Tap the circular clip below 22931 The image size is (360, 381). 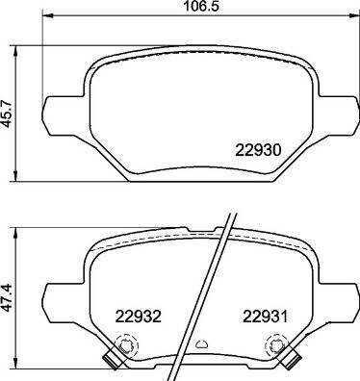click(276, 344)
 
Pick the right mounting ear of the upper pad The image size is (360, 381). click(339, 107)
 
